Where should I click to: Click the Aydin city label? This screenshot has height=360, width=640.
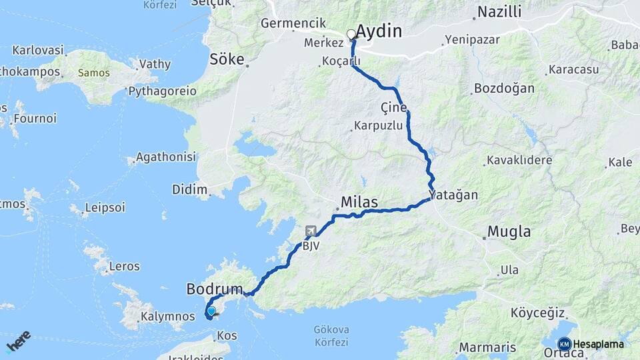point(379,31)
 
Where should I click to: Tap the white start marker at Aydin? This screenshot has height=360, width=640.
point(351,34)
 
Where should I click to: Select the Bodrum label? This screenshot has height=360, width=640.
point(214,290)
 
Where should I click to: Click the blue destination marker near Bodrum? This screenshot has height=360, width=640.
point(211,311)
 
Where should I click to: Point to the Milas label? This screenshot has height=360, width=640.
point(359,202)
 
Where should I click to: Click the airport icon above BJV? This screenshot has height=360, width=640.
point(311,231)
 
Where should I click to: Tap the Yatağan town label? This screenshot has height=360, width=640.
point(454,195)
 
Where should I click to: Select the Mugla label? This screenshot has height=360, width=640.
point(509,232)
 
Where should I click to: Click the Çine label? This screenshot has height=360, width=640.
point(393,108)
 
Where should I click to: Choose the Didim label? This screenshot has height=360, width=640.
point(190,189)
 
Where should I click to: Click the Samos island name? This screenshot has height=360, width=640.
point(94,72)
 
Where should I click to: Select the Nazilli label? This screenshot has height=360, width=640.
point(499,13)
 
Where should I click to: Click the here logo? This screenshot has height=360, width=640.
point(19,341)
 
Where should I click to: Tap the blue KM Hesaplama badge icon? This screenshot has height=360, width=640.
point(564,344)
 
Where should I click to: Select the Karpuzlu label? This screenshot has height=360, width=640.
point(378,125)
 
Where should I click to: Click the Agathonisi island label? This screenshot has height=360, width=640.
point(165,157)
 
